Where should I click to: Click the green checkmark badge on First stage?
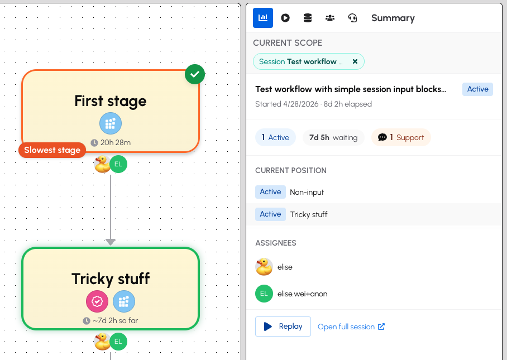click(195, 74)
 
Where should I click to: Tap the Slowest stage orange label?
click(52, 150)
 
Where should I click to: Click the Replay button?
click(283, 327)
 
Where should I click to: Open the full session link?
click(351, 327)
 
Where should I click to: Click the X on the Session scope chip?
click(355, 61)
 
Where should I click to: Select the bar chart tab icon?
click(263, 18)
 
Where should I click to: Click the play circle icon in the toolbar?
click(285, 18)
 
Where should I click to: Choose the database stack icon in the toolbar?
click(308, 18)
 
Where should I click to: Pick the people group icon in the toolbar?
click(330, 18)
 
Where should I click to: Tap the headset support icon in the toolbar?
click(352, 18)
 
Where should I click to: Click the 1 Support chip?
click(401, 137)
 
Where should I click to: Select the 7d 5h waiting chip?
click(333, 137)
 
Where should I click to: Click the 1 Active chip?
click(275, 137)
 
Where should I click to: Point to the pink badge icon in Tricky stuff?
click(97, 301)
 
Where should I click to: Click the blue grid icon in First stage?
click(111, 123)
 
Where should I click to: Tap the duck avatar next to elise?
click(264, 267)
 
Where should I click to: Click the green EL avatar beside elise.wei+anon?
click(264, 294)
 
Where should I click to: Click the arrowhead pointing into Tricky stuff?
click(110, 242)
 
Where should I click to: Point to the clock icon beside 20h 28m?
click(94, 142)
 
